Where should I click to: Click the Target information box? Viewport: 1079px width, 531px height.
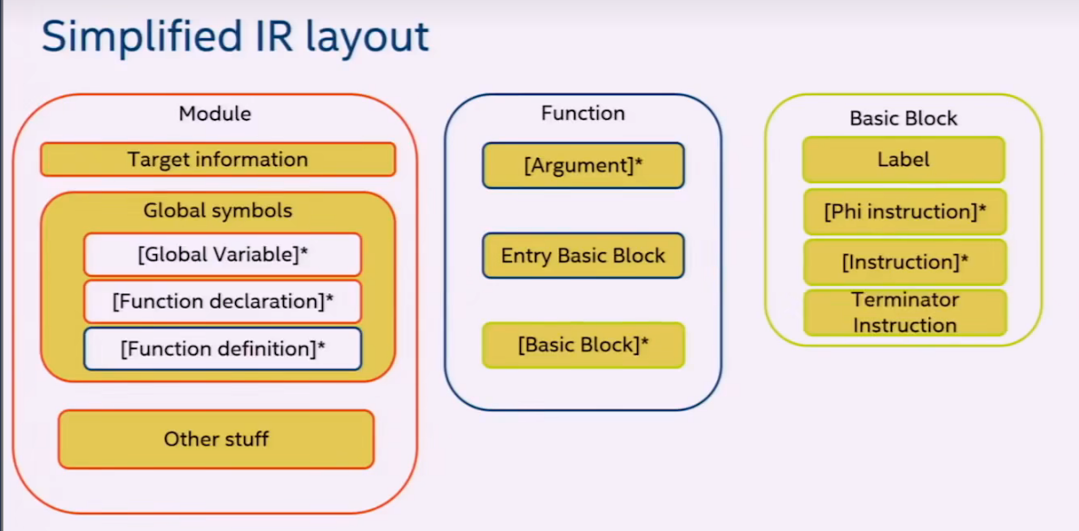[x=218, y=160]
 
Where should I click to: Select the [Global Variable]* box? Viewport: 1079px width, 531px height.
[x=222, y=255]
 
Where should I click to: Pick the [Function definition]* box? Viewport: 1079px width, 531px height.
[x=222, y=349]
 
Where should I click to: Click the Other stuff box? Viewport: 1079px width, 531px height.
[x=216, y=439]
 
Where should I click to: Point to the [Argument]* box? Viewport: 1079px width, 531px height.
[x=583, y=165]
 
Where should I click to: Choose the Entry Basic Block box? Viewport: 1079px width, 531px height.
[x=583, y=256]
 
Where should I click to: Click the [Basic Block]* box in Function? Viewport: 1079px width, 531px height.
[x=583, y=345]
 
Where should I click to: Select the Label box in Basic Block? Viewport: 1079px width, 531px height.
[x=904, y=160]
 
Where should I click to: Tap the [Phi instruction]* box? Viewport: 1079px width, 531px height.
[x=904, y=212]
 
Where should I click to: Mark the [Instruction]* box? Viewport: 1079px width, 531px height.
[x=904, y=262]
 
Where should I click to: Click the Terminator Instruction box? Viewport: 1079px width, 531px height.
[x=904, y=312]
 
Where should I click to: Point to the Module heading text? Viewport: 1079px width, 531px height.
[x=215, y=114]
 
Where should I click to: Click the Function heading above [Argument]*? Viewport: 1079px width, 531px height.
[x=583, y=113]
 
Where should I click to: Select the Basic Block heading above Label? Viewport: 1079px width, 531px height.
[x=903, y=118]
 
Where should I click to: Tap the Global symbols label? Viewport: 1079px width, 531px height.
[x=218, y=211]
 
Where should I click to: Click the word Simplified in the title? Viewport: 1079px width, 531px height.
[x=145, y=38]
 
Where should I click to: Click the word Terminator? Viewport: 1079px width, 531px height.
[x=905, y=300]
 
